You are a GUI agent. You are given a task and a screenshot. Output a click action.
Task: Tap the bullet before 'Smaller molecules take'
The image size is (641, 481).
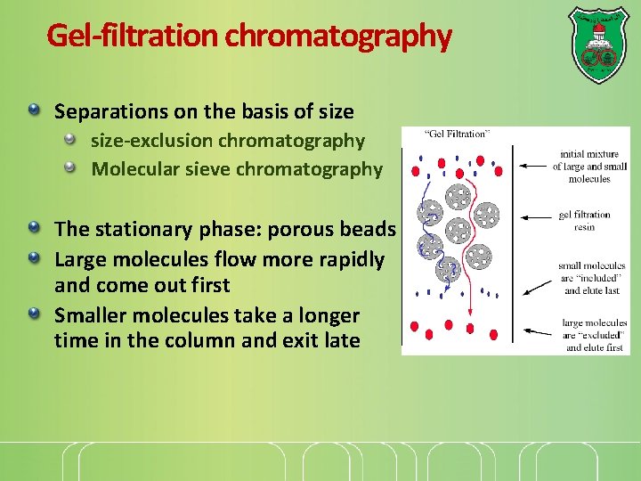34,314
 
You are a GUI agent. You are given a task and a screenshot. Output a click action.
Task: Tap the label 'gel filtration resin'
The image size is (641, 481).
584,221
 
